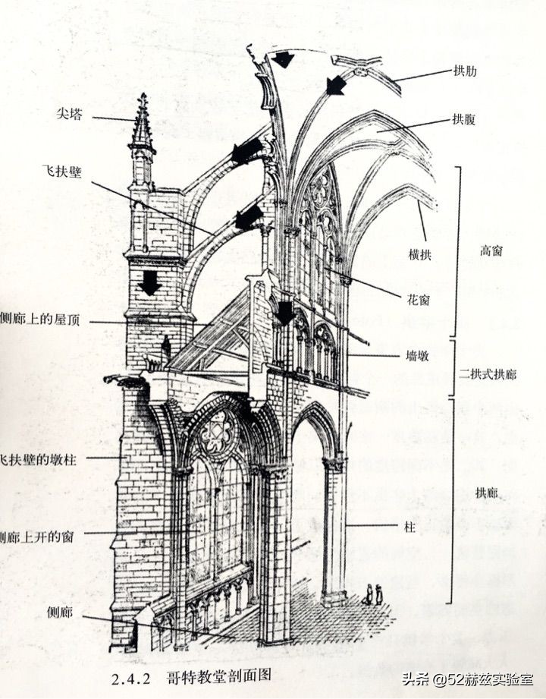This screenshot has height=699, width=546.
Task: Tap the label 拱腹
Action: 466,119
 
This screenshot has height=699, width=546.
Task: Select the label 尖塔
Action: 69,115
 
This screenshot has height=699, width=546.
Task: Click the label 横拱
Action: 419,255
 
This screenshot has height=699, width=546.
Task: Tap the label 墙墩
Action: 419,354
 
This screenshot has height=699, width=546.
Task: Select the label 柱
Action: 412,524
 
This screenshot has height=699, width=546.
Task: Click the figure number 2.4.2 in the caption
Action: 132,673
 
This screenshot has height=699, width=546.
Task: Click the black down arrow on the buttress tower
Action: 149,282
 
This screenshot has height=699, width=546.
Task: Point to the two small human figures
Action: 373,594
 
